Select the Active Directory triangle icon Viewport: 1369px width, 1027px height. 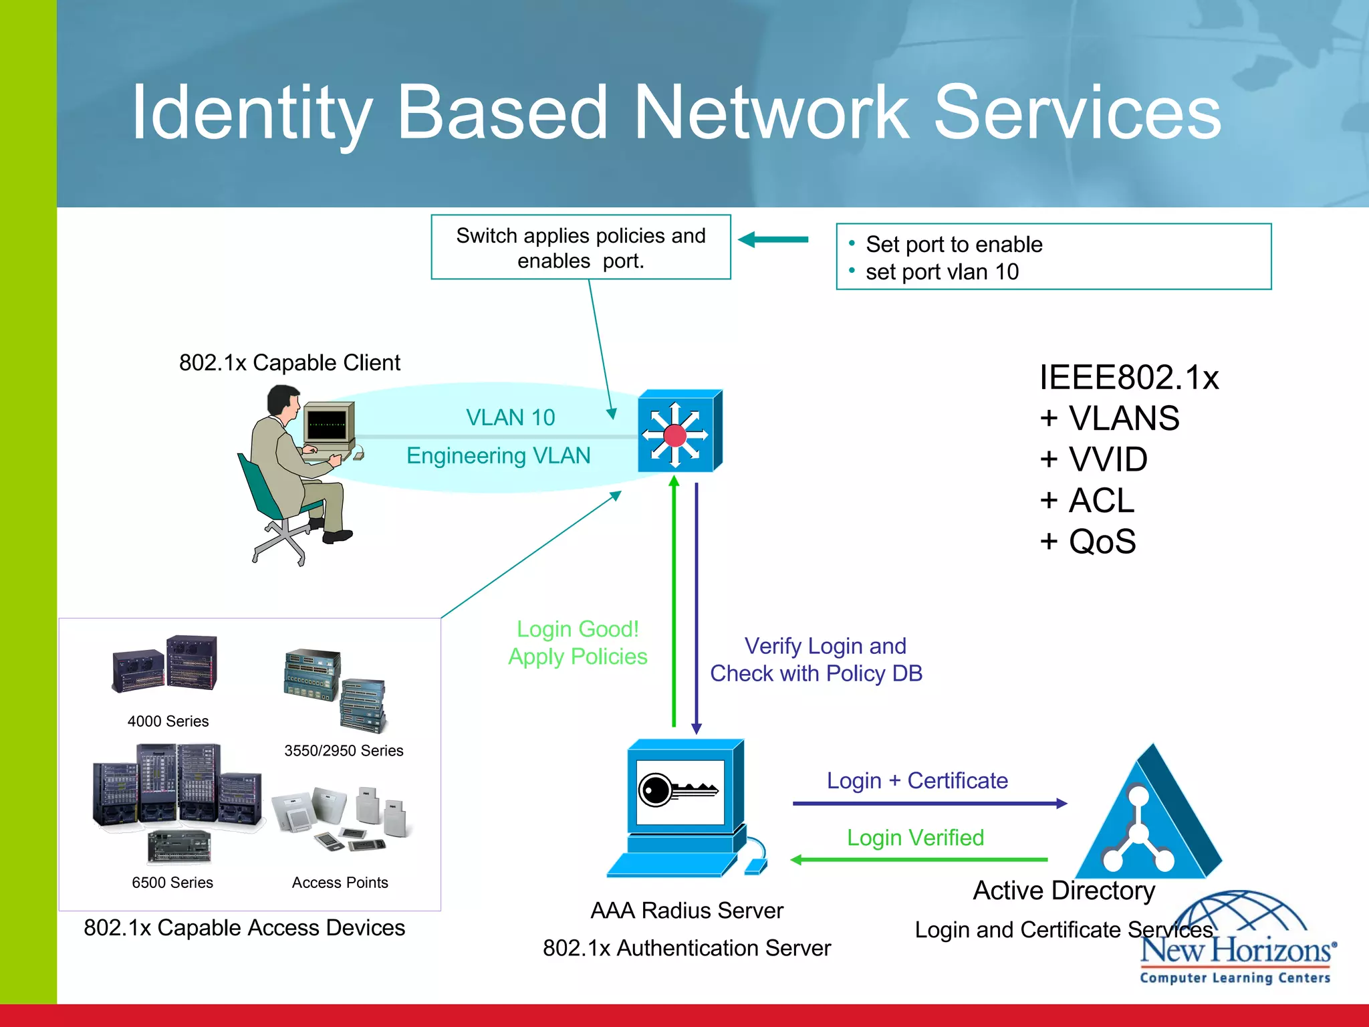1148,819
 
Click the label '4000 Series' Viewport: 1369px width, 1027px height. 168,721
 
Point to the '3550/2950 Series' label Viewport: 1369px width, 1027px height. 344,751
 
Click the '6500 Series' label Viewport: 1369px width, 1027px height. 172,883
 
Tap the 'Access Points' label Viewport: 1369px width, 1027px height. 340,883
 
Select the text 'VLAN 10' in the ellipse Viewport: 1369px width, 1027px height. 510,418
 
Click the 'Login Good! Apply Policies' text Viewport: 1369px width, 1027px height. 578,643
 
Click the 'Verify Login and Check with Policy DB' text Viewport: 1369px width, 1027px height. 817,660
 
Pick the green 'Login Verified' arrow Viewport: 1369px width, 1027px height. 919,860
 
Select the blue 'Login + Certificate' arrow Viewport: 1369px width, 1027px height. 929,804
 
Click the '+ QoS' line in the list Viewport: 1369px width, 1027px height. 1088,542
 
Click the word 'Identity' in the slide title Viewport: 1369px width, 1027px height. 251,112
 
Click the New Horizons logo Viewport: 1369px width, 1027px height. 1237,943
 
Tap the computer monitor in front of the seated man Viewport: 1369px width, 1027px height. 328,425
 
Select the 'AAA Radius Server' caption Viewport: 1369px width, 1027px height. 687,911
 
